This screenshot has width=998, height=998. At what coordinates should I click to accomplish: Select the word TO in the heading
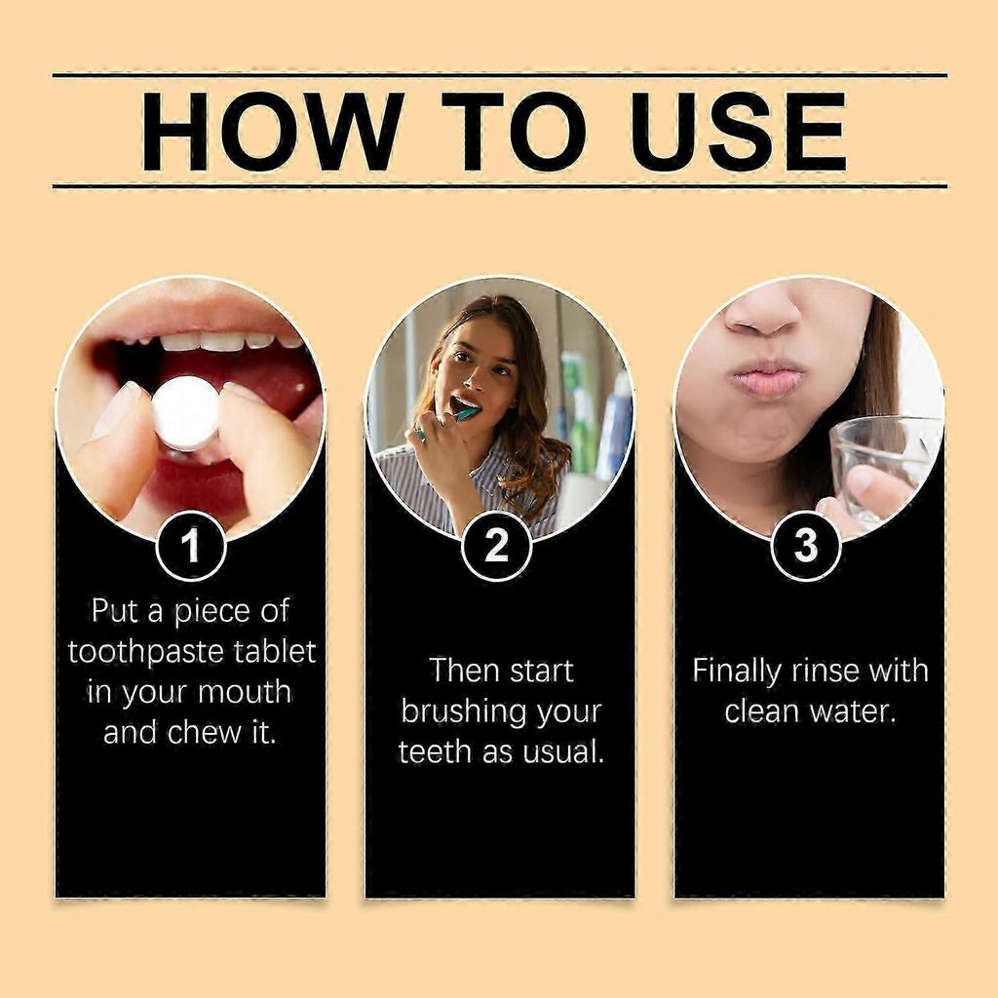click(x=513, y=132)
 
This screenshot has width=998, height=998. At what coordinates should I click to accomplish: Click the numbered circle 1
click(x=191, y=547)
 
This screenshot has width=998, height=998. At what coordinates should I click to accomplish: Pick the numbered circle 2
click(x=497, y=547)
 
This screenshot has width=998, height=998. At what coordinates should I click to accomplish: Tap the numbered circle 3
click(x=806, y=547)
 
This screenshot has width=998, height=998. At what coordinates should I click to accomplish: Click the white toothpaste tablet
click(x=185, y=413)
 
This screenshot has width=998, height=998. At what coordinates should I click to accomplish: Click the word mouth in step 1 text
click(x=245, y=693)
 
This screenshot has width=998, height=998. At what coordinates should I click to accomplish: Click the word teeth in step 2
click(x=430, y=753)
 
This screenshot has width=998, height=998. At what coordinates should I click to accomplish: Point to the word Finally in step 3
click(x=736, y=672)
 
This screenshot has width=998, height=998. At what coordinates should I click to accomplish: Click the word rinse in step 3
click(x=826, y=672)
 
